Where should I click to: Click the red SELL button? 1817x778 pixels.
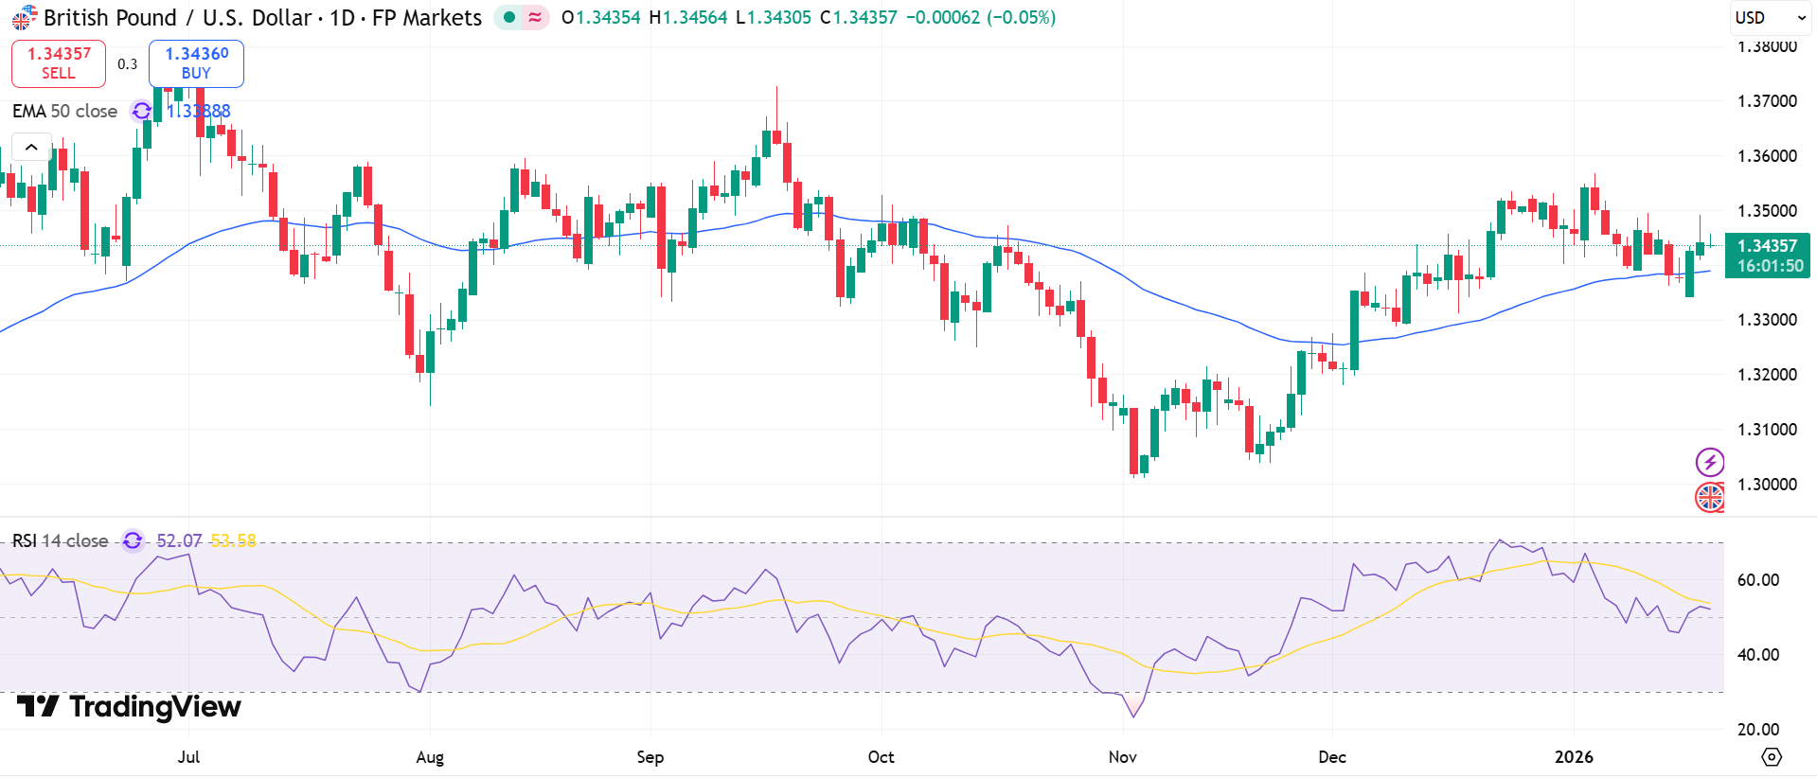[59, 63]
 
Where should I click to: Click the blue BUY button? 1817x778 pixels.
[196, 63]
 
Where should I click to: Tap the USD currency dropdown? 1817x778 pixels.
[1770, 18]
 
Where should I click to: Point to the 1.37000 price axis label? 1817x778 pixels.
[1767, 101]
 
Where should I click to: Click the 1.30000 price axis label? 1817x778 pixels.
[1767, 485]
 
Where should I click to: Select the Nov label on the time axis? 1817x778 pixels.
[1122, 757]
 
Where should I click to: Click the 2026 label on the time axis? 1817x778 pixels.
[1574, 757]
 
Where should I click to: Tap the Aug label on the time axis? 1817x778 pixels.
[430, 757]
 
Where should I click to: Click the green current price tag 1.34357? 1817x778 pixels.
[1767, 246]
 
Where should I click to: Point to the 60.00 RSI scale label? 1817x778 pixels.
[1758, 580]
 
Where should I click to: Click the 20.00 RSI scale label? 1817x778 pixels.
[1758, 730]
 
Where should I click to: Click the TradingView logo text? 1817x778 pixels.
[130, 707]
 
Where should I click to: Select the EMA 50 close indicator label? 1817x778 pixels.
[64, 112]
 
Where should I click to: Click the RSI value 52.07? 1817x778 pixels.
[179, 541]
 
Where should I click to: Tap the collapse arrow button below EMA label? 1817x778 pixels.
[31, 148]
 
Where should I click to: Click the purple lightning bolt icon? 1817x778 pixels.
[1709, 462]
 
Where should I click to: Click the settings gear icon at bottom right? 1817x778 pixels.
[1771, 757]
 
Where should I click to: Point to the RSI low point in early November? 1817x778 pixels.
[1133, 716]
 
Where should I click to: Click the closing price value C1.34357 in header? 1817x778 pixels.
[858, 18]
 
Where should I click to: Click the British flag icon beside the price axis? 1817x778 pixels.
[1709, 497]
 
